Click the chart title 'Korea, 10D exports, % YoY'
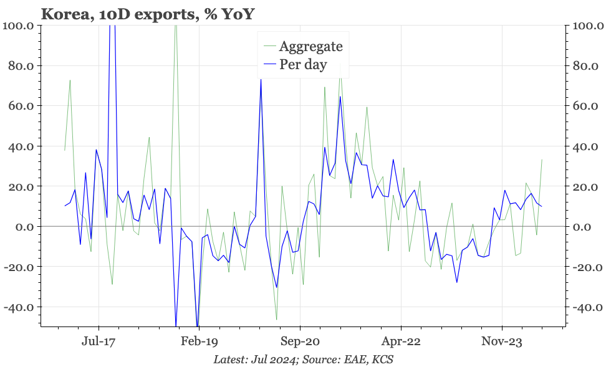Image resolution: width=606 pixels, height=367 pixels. [147, 13]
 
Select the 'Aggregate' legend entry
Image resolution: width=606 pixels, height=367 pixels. [310, 46]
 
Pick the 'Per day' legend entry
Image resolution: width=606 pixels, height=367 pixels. [303, 64]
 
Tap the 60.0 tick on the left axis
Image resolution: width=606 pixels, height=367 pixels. [21, 106]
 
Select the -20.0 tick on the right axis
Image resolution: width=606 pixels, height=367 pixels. [586, 267]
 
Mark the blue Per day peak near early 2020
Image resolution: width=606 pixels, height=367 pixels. [261, 79]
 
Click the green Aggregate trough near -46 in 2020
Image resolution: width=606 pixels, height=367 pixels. [277, 320]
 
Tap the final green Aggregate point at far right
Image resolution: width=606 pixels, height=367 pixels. [542, 160]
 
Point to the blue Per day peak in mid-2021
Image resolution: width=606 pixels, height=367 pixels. [340, 96]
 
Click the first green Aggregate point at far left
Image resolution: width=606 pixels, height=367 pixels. [65, 150]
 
